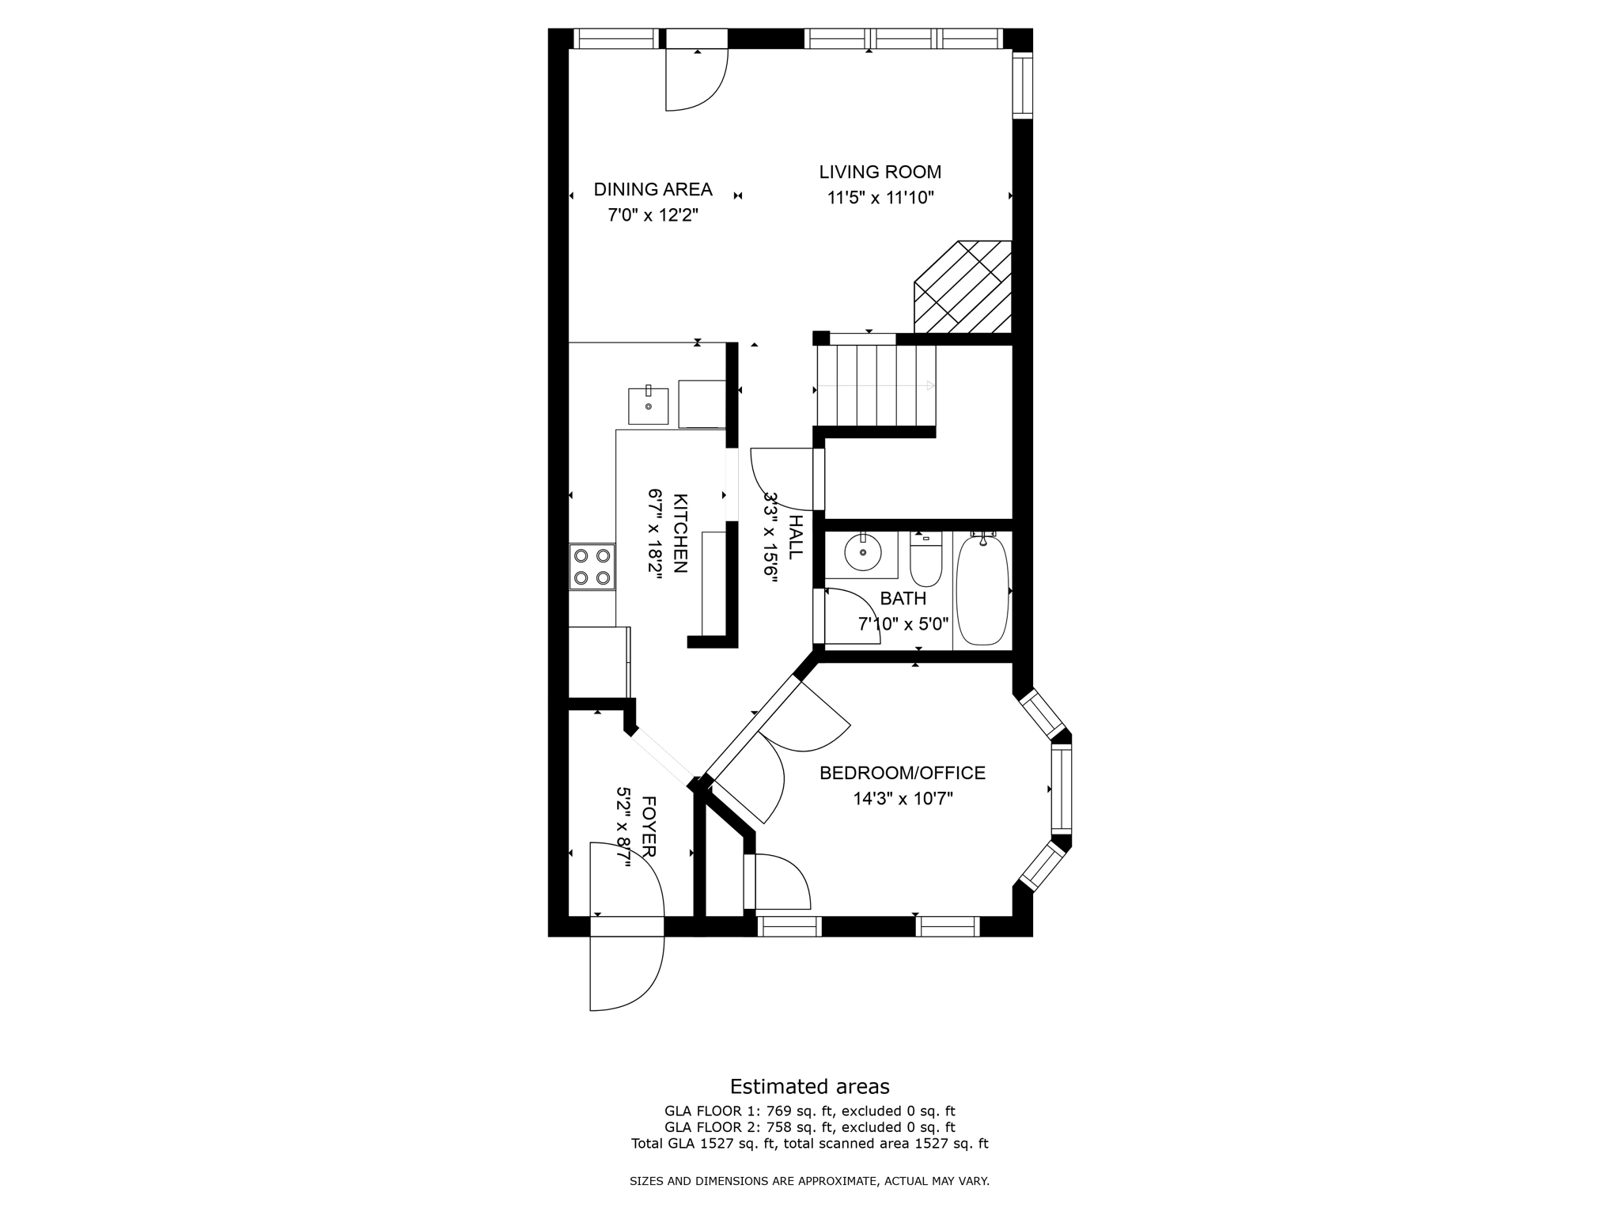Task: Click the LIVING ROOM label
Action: click(880, 172)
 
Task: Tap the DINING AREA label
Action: click(653, 189)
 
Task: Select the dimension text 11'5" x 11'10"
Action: click(880, 198)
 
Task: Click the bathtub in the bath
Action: click(982, 589)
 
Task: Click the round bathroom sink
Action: click(862, 552)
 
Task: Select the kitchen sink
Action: click(648, 405)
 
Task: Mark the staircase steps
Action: click(876, 386)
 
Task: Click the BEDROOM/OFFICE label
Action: click(902, 773)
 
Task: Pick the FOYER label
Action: click(648, 827)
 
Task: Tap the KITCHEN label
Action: click(680, 533)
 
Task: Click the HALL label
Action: click(796, 536)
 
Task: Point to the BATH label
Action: click(903, 599)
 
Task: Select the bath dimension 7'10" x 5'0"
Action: click(903, 624)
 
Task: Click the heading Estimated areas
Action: click(809, 1086)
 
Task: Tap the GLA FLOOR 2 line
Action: click(809, 1127)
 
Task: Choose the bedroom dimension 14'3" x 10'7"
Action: click(902, 799)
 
